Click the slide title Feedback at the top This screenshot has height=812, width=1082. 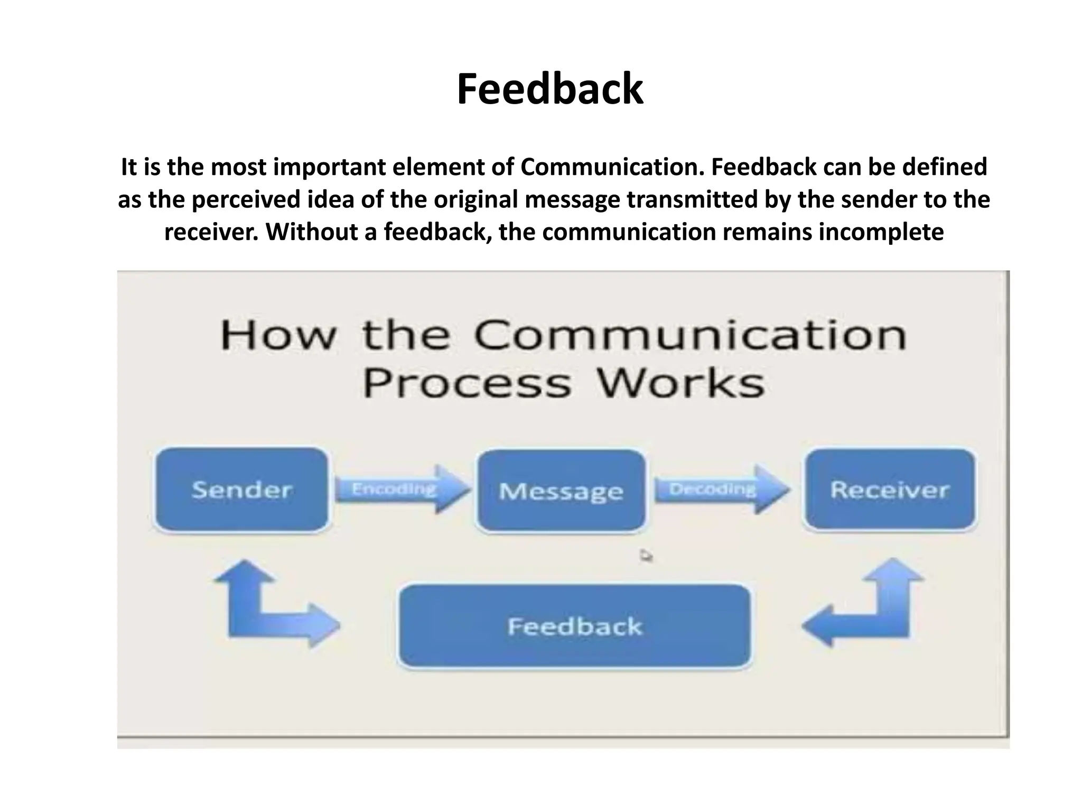(x=549, y=89)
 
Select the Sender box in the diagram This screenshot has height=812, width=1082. (x=241, y=490)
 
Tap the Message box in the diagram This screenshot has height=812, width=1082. (x=561, y=491)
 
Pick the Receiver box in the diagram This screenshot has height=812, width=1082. (x=889, y=490)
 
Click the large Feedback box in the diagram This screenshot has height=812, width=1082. (x=574, y=626)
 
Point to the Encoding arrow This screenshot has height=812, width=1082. (x=402, y=489)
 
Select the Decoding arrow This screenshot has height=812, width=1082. (x=721, y=489)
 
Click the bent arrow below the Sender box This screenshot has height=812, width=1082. (x=248, y=608)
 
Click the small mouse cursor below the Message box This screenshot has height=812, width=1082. (x=646, y=556)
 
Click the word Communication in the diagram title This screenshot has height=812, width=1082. (x=690, y=336)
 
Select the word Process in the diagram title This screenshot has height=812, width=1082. (x=467, y=383)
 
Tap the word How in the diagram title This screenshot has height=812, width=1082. (x=278, y=336)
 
